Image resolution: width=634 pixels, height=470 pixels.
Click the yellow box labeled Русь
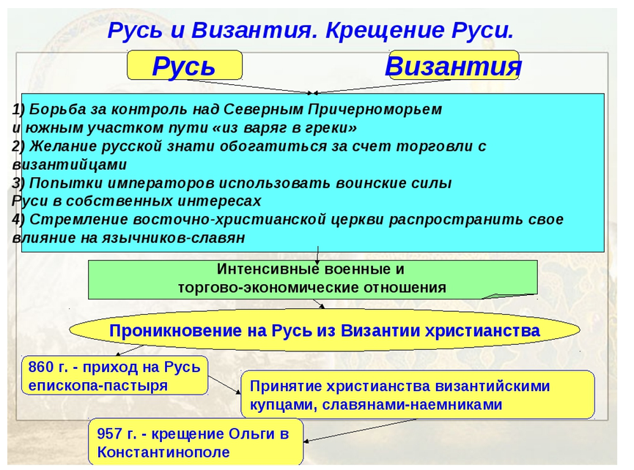pos(185,65)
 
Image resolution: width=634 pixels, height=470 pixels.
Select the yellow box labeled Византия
pos(454,65)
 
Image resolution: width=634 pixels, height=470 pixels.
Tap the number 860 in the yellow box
pos(41,367)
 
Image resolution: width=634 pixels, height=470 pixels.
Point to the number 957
pos(109,433)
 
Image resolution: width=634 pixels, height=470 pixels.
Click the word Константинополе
pos(163,452)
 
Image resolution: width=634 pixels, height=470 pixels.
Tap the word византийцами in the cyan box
pos(70,165)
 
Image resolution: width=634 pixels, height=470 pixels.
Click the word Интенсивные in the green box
pos(265,269)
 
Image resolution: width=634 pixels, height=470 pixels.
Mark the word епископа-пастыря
pos(98,386)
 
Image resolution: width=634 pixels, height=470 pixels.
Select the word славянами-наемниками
pos(413,405)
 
